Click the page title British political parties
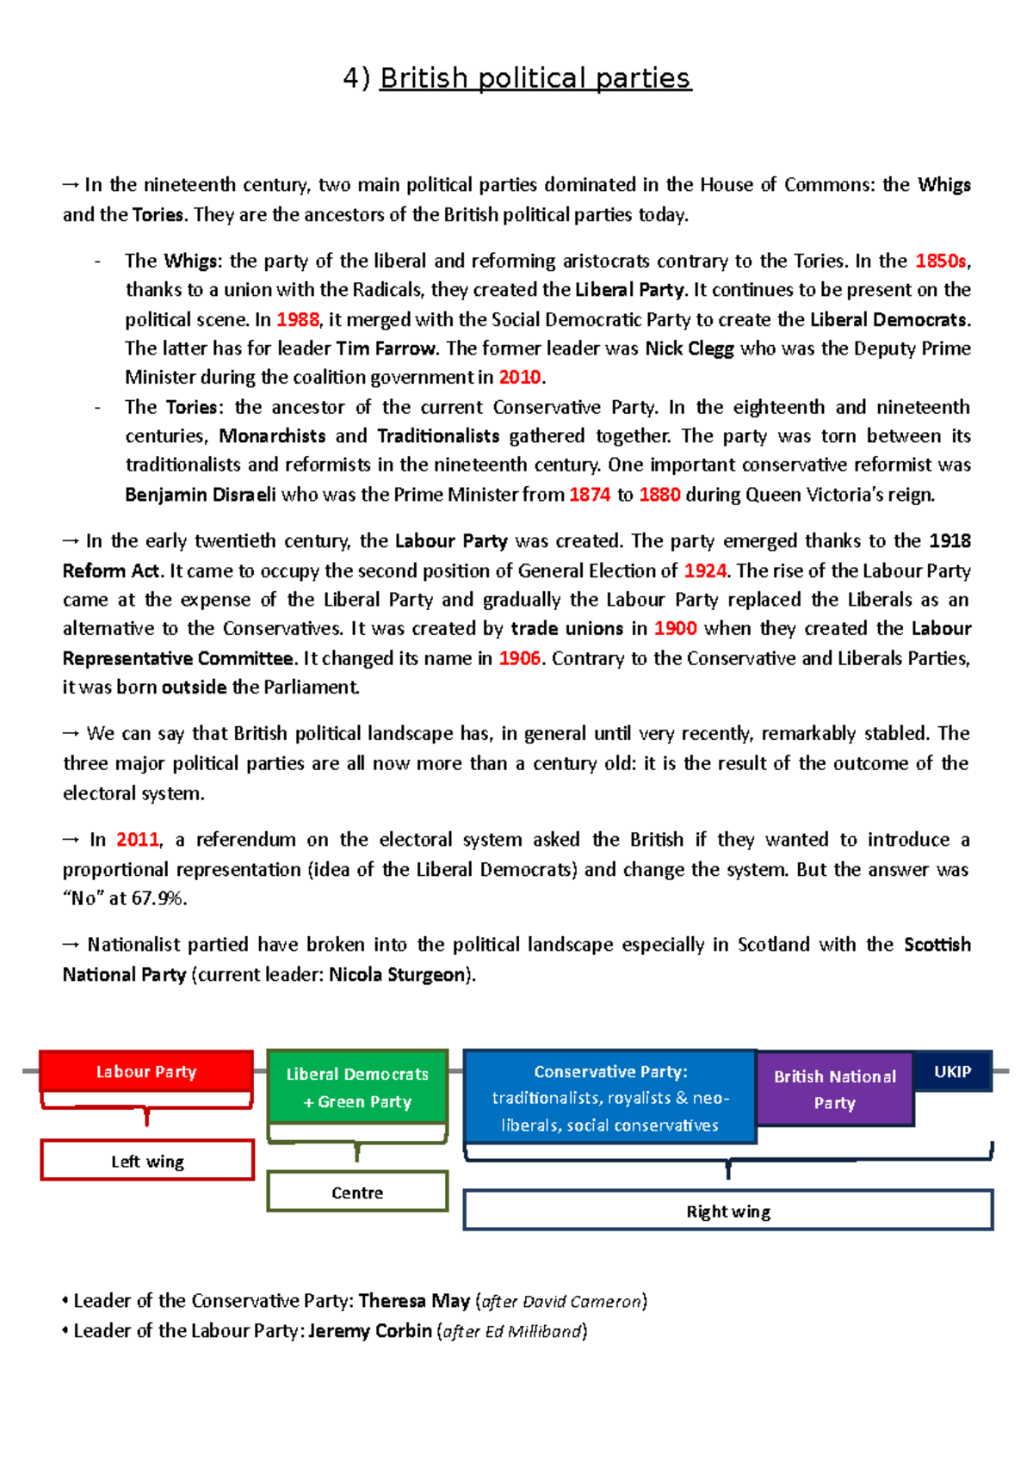pyautogui.click(x=535, y=78)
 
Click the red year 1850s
pyautogui.click(x=941, y=261)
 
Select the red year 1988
pyautogui.click(x=298, y=319)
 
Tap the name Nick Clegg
pyautogui.click(x=690, y=348)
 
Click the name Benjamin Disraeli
pyautogui.click(x=201, y=495)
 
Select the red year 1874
pyautogui.click(x=590, y=495)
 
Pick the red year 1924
pyautogui.click(x=705, y=570)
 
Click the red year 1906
pyautogui.click(x=520, y=658)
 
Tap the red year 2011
pyautogui.click(x=138, y=840)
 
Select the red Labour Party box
pyautogui.click(x=146, y=1071)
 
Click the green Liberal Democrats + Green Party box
pyautogui.click(x=357, y=1088)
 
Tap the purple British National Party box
pyautogui.click(x=834, y=1089)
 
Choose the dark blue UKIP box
pyautogui.click(x=952, y=1071)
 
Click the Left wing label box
pyautogui.click(x=147, y=1161)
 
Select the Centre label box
pyautogui.click(x=357, y=1192)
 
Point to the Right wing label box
pyautogui.click(x=728, y=1211)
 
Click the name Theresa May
pyautogui.click(x=414, y=1301)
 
